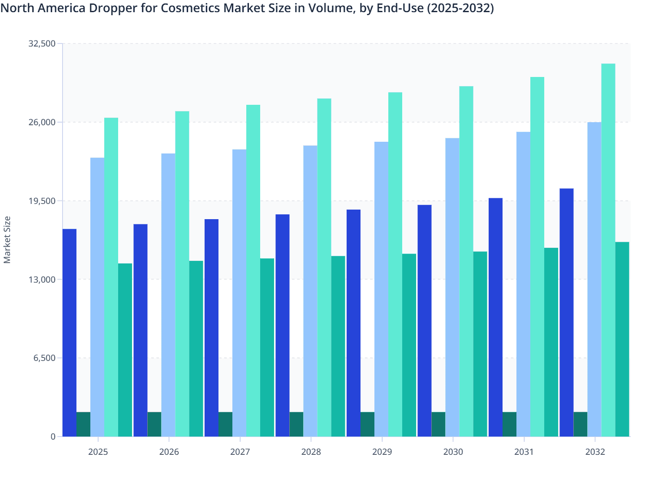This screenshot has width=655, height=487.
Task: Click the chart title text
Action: point(247,8)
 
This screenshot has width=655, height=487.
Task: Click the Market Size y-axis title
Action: point(7,240)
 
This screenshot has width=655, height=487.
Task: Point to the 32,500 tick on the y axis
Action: point(42,43)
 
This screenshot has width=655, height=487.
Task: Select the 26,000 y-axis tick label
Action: point(42,122)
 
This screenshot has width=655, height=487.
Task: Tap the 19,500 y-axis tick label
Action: point(42,201)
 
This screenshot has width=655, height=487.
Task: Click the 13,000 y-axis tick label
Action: point(42,280)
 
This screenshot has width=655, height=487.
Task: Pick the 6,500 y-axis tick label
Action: point(44,358)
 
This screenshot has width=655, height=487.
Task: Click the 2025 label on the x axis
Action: point(98,452)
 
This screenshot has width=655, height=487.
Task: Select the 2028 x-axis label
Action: point(311,452)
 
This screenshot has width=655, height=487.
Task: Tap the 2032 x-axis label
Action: point(595,452)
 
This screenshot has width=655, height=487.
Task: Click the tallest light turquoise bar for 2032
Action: point(608,250)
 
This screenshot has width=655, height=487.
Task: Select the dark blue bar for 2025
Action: point(69,333)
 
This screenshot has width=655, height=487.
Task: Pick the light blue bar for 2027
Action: point(239,293)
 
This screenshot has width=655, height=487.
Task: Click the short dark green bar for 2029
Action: point(367,424)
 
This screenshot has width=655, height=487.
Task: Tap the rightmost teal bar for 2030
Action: point(480,344)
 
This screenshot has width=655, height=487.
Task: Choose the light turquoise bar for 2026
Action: point(182,274)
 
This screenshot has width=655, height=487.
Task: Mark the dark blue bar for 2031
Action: point(496,317)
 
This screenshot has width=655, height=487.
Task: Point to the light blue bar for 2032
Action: point(594,279)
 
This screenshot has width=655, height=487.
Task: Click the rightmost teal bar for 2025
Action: point(125,350)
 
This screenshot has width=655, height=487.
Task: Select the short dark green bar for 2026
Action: point(154,424)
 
